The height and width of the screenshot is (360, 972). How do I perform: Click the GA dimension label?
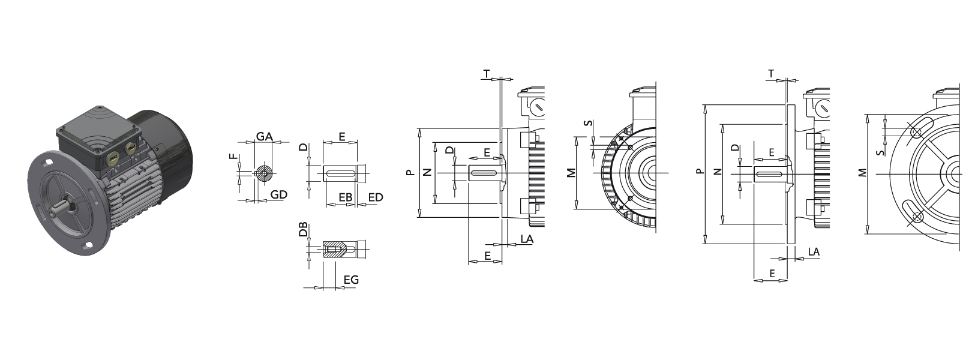pyautogui.click(x=264, y=137)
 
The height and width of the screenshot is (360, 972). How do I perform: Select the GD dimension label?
pyautogui.click(x=278, y=195)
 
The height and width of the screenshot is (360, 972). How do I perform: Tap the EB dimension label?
pyautogui.click(x=346, y=197)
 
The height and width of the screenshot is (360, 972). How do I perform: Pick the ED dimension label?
pyautogui.click(x=376, y=197)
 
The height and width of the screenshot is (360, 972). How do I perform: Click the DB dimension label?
pyautogui.click(x=304, y=229)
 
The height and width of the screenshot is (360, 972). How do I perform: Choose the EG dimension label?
pyautogui.click(x=351, y=280)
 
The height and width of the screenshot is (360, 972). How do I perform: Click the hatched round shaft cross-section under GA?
pyautogui.click(x=263, y=174)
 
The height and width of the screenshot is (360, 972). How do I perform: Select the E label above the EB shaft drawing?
pyautogui.click(x=342, y=137)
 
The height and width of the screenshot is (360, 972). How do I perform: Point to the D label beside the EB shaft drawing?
pyautogui.click(x=304, y=147)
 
